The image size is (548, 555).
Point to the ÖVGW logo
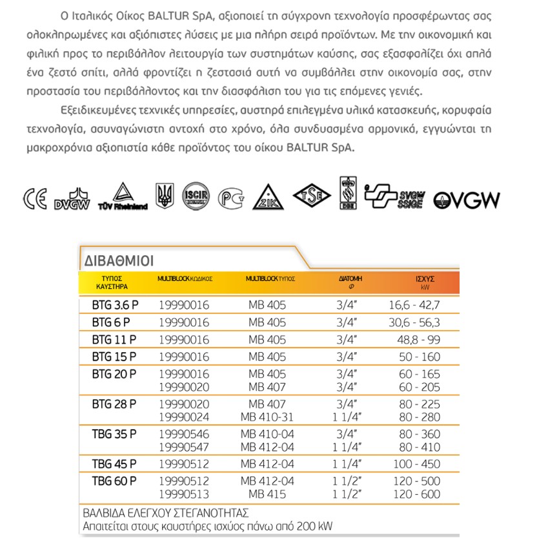point(466,200)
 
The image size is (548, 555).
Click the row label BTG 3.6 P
point(112,305)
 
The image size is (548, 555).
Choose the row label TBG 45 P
point(114,463)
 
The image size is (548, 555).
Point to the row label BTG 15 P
point(114,356)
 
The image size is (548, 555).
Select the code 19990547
point(183,446)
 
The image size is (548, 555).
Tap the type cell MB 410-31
point(266,417)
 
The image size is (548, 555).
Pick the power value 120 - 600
point(420,494)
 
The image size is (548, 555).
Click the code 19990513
point(183,494)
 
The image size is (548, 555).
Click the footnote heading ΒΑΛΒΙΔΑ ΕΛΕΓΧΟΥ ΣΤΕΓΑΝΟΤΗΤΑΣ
point(166,514)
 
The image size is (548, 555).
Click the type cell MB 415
point(266,494)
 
